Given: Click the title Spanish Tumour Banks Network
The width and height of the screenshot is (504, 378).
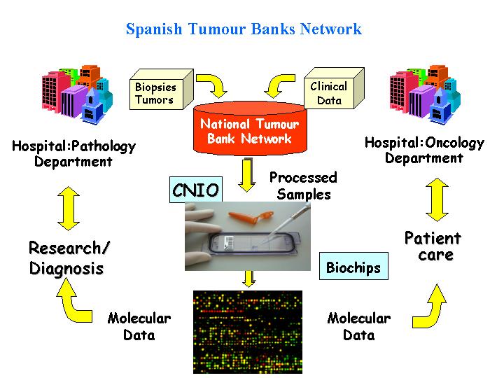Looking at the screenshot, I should pos(244,29).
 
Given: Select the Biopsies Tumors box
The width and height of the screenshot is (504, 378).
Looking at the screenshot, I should pos(155,94).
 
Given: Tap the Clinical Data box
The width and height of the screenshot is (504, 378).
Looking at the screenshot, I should pos(328,93).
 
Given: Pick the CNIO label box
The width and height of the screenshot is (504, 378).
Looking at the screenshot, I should pos(196,190).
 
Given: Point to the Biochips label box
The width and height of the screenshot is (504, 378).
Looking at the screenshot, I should pos(353,267).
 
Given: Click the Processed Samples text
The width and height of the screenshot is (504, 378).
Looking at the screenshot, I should pos(302,186).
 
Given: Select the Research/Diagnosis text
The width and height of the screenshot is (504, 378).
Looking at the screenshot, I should pos(69,258).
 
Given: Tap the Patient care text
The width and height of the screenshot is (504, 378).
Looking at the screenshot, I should pos(433,246).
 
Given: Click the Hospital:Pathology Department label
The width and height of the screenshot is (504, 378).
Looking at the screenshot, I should pos(73,154).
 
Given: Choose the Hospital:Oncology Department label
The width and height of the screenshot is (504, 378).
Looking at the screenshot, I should pos(424,150).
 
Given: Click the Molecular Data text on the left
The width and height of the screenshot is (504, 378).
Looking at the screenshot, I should pos(139,327).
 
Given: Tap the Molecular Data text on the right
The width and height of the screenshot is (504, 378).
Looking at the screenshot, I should pos(358,327).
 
